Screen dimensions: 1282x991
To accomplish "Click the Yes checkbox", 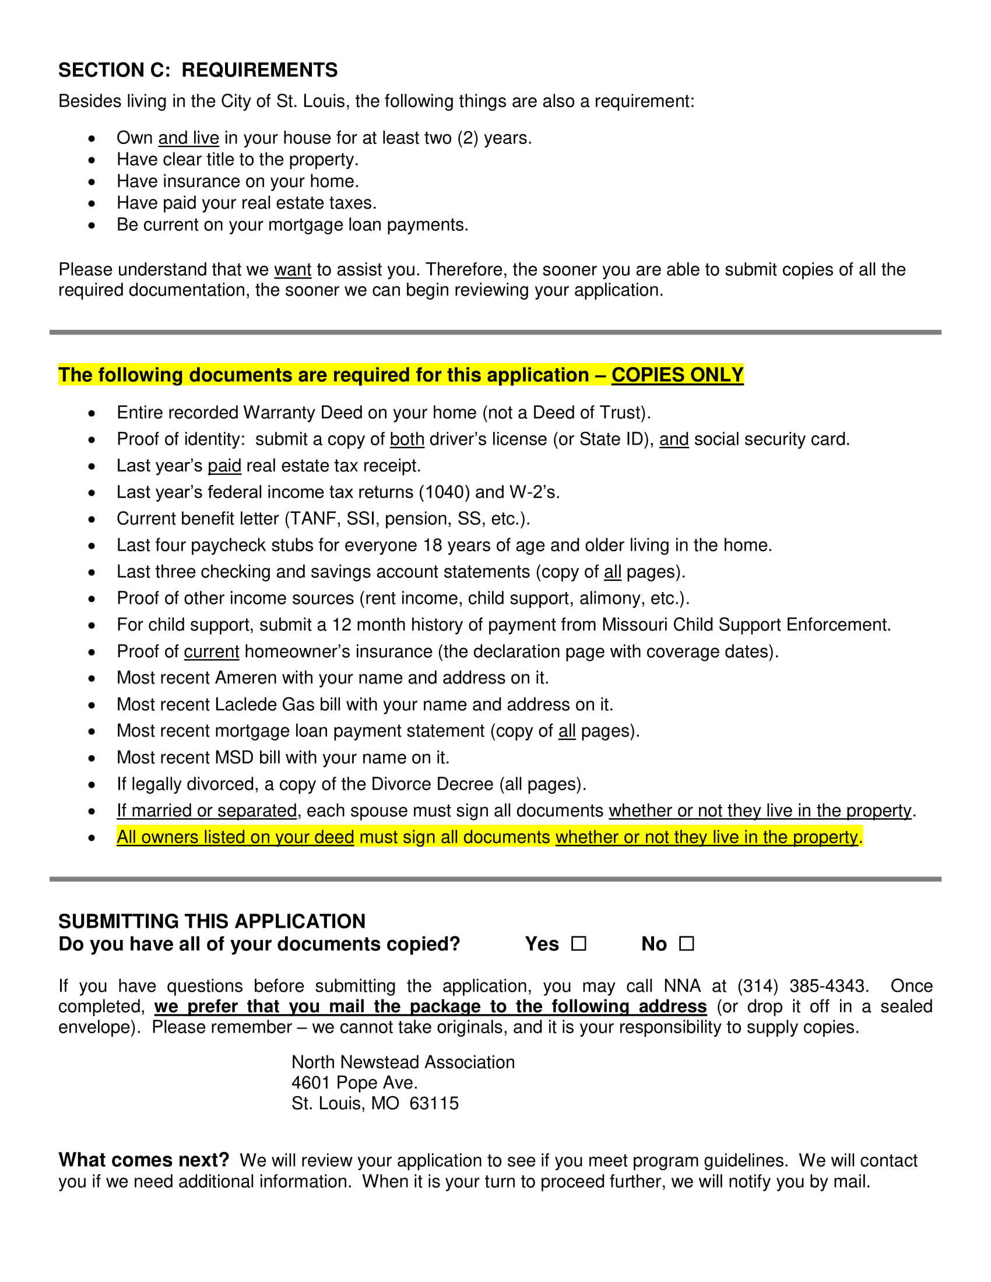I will (579, 943).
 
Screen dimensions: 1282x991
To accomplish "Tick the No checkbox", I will (686, 943).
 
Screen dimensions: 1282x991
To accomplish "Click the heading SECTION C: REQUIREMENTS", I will (198, 70).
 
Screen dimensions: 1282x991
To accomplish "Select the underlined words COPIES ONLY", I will (677, 375).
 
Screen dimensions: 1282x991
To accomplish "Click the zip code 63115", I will (434, 1103).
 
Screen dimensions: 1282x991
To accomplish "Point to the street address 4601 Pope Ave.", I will (354, 1083).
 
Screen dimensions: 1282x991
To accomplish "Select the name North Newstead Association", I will (403, 1062).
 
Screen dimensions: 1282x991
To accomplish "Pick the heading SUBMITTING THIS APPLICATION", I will (212, 921).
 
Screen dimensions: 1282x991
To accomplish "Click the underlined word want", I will (293, 269).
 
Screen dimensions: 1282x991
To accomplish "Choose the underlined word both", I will (407, 439).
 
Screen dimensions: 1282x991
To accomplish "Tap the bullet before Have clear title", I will (92, 160).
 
